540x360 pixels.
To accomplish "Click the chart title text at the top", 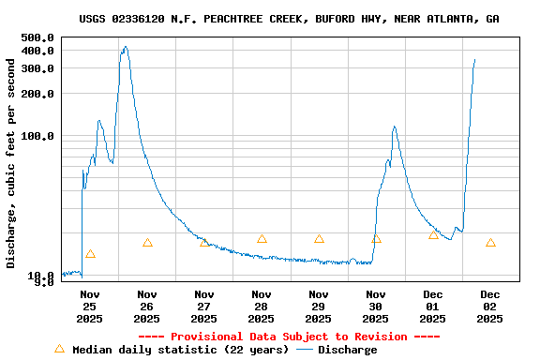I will [289, 19].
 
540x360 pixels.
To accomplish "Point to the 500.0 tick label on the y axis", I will [37, 37].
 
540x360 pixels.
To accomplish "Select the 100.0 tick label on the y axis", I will [37, 136].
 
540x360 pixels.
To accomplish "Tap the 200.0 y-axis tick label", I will [37, 94].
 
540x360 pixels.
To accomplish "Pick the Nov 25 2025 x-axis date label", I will [89, 307].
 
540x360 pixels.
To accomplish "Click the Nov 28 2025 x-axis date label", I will [262, 307].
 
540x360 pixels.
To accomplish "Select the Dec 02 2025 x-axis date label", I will [490, 307].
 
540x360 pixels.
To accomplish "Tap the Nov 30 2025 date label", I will [376, 307].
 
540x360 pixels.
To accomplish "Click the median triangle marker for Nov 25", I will [90, 254].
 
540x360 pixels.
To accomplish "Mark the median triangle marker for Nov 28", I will [262, 239].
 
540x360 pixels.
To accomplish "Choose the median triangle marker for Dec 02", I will [490, 243].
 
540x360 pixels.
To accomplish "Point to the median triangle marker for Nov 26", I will [147, 243].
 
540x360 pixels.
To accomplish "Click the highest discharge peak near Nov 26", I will [125, 47].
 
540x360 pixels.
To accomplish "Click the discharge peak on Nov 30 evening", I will [394, 127].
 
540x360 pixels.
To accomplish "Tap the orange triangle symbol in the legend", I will [60, 349].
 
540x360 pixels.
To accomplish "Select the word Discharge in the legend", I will [347, 350].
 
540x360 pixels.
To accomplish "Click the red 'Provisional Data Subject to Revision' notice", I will [289, 337].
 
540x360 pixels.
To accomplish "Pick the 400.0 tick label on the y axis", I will [37, 51].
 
